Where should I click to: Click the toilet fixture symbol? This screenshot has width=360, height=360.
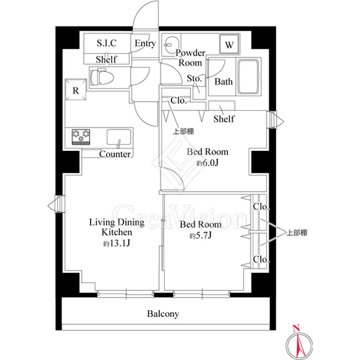[102, 76]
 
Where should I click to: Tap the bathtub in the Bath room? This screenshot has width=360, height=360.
[248, 76]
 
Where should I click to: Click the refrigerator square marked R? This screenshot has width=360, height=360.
[76, 89]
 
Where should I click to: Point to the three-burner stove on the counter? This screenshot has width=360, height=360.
[81, 136]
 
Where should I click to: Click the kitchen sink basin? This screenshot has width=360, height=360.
[118, 137]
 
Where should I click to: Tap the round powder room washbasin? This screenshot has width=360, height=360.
[170, 44]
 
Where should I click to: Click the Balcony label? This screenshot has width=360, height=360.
[163, 314]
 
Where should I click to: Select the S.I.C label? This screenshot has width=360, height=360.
[107, 43]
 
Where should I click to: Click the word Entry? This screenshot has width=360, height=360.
[145, 44]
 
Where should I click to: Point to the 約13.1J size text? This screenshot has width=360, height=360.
[117, 243]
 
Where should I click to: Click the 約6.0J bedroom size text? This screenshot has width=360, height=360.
[208, 163]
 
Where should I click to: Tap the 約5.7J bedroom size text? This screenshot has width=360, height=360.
[201, 236]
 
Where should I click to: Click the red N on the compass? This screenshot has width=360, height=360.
[296, 328]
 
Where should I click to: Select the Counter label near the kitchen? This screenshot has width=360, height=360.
[115, 154]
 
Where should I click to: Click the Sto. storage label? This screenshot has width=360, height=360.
[195, 79]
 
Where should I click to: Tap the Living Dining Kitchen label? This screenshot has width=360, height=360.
[117, 227]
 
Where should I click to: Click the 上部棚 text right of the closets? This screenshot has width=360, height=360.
[297, 233]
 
